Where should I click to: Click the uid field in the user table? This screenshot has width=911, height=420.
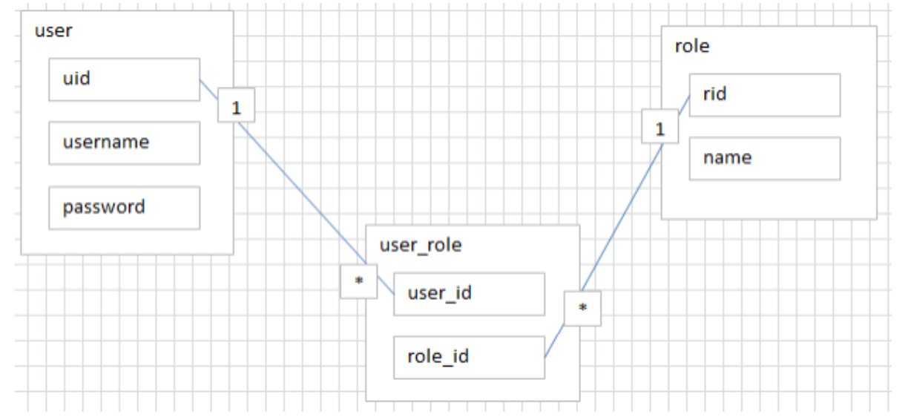125,79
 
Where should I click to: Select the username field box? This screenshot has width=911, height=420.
125,143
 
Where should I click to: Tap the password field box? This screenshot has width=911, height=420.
125,208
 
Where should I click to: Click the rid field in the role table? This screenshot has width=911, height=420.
765,95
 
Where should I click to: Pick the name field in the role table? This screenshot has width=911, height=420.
765,158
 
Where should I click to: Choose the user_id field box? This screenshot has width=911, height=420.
470,295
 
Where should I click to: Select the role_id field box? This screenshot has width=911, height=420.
470,358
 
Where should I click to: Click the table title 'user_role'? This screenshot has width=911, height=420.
421,246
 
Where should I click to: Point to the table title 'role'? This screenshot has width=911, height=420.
692,47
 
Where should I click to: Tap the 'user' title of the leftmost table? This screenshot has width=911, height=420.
53,31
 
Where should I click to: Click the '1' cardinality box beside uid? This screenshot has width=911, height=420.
237,105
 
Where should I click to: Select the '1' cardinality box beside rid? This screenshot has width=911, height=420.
660,126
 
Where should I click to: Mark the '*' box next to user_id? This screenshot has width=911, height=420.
359,282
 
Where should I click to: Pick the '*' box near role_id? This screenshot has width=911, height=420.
582,309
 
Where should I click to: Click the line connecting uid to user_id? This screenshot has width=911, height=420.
302,193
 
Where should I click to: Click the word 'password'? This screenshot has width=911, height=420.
104,208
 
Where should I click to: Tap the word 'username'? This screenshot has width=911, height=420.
106,142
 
